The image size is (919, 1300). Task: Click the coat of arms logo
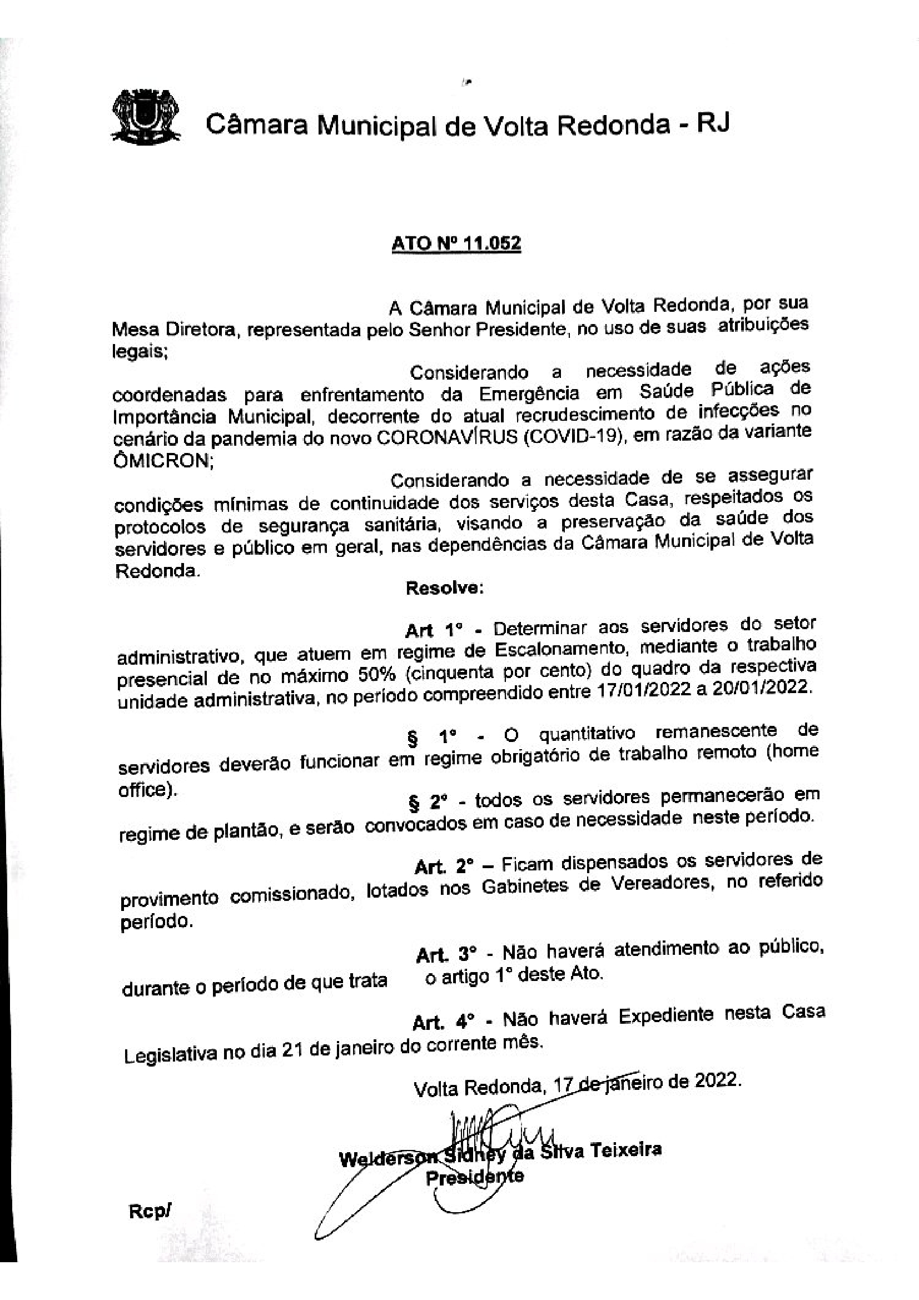(146, 117)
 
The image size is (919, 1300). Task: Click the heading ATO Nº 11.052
(456, 243)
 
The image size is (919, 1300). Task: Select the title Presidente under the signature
(474, 1177)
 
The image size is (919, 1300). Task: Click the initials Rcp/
(150, 1212)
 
